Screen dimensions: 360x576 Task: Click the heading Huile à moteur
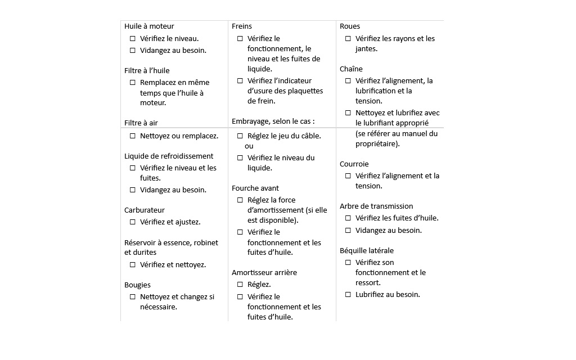(149, 26)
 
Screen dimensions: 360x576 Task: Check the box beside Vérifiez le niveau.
(133, 39)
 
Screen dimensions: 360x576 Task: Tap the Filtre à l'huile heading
(147, 71)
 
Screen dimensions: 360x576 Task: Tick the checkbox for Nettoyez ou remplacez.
(133, 136)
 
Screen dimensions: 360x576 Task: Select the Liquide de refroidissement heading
(169, 156)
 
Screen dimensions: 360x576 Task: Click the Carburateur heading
(145, 210)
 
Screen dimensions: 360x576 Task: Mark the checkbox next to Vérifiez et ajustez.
(133, 222)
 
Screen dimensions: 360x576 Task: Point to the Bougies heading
(137, 285)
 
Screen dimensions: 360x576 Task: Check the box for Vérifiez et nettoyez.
(133, 265)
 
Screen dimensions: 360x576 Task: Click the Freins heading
(242, 26)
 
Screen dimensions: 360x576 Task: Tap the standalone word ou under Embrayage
(249, 146)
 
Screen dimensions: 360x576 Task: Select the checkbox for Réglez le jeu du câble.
(240, 136)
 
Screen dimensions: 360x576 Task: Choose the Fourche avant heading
(255, 188)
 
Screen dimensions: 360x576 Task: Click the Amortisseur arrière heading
(264, 273)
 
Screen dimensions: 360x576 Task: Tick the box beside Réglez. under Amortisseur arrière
(240, 285)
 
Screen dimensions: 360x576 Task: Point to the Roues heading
(350, 26)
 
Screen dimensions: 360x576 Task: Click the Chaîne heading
(351, 69)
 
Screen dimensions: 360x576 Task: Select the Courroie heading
(354, 164)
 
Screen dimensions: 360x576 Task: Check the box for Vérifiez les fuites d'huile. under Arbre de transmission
(348, 218)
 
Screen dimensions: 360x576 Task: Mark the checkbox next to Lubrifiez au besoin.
(348, 295)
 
